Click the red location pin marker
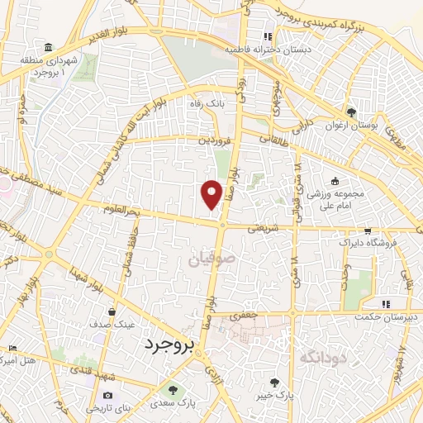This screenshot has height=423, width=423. (212, 193)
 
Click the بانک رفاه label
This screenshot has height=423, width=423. (207, 104)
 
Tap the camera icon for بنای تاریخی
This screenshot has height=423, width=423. (107, 397)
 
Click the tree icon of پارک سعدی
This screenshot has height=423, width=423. (172, 390)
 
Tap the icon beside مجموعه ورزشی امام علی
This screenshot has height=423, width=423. (335, 182)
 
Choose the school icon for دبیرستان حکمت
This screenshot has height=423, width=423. (385, 304)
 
